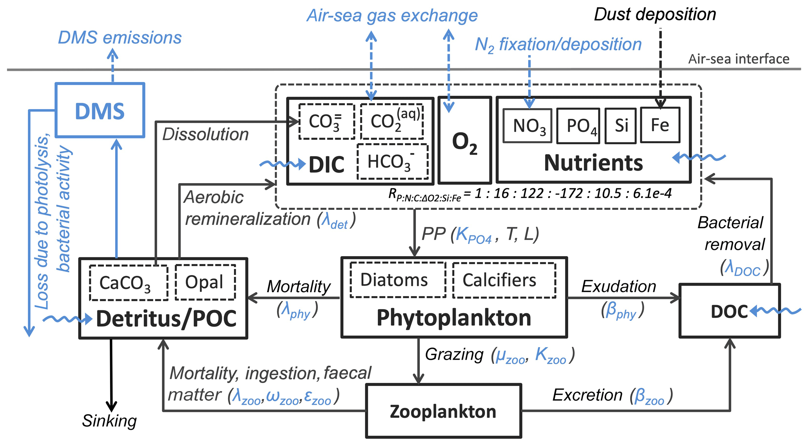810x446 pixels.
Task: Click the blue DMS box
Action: (100, 110)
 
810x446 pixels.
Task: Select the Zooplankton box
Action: (443, 411)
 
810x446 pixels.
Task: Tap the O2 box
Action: (464, 140)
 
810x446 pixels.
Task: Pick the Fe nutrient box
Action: (660, 125)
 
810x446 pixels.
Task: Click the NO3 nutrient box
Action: (527, 126)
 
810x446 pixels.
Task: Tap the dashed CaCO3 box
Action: (129, 283)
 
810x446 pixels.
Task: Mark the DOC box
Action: (729, 311)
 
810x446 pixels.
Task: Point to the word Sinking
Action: (109, 421)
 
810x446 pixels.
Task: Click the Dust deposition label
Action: (655, 15)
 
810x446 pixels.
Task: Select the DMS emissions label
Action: (120, 38)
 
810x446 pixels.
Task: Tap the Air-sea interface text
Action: (739, 59)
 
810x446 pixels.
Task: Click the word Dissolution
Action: (205, 134)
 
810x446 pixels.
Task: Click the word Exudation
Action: (618, 286)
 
